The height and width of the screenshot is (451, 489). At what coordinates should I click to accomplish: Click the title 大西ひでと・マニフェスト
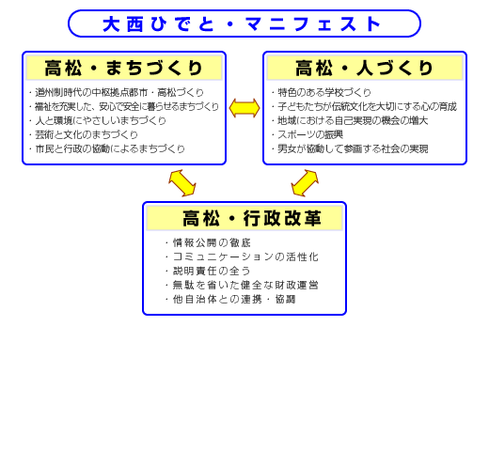tap(242, 23)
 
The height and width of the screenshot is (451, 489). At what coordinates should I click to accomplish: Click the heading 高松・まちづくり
tap(123, 68)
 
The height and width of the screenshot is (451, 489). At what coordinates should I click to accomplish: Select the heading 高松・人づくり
tap(364, 68)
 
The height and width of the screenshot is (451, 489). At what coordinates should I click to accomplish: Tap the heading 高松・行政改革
tap(252, 218)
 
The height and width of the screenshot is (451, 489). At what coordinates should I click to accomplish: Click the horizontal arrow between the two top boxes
tap(244, 108)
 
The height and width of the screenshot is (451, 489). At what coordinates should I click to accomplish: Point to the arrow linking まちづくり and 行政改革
tap(182, 183)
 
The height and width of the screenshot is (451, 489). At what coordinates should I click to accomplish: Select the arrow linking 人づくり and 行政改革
tap(305, 183)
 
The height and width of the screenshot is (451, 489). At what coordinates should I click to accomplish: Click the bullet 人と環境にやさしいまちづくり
tap(101, 120)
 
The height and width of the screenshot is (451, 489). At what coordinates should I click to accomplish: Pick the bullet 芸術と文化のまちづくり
tap(87, 134)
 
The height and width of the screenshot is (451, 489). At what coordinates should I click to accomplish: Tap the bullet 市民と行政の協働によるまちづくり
tap(110, 148)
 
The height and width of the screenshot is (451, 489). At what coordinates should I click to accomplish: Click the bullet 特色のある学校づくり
tap(324, 92)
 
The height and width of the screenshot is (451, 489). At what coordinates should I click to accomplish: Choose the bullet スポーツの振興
tap(310, 134)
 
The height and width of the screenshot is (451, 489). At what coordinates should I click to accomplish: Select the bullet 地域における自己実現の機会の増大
tap(353, 120)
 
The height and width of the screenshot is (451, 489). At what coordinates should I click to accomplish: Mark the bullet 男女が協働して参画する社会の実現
tap(353, 148)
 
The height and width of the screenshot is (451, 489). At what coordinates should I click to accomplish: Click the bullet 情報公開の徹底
tap(212, 242)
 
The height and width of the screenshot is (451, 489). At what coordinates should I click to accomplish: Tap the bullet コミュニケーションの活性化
tap(245, 257)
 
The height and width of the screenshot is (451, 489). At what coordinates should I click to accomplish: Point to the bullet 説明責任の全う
tap(212, 271)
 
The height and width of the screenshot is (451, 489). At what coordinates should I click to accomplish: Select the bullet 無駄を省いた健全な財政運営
tap(245, 285)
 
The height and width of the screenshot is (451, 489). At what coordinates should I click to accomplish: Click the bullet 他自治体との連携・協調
tap(234, 299)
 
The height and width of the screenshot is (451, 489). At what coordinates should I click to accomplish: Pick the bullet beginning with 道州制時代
tap(119, 92)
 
